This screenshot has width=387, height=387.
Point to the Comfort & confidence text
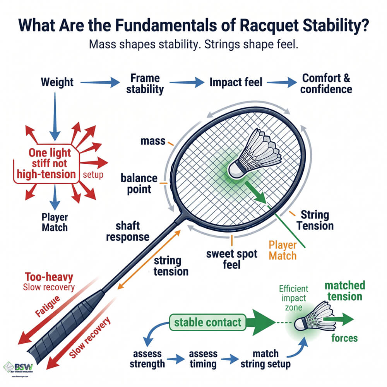[x=327, y=83]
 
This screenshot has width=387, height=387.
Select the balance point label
[x=139, y=183]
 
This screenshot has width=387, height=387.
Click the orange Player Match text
[x=283, y=250]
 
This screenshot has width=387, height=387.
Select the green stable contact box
[x=208, y=322]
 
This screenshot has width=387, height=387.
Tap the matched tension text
[x=344, y=291]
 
